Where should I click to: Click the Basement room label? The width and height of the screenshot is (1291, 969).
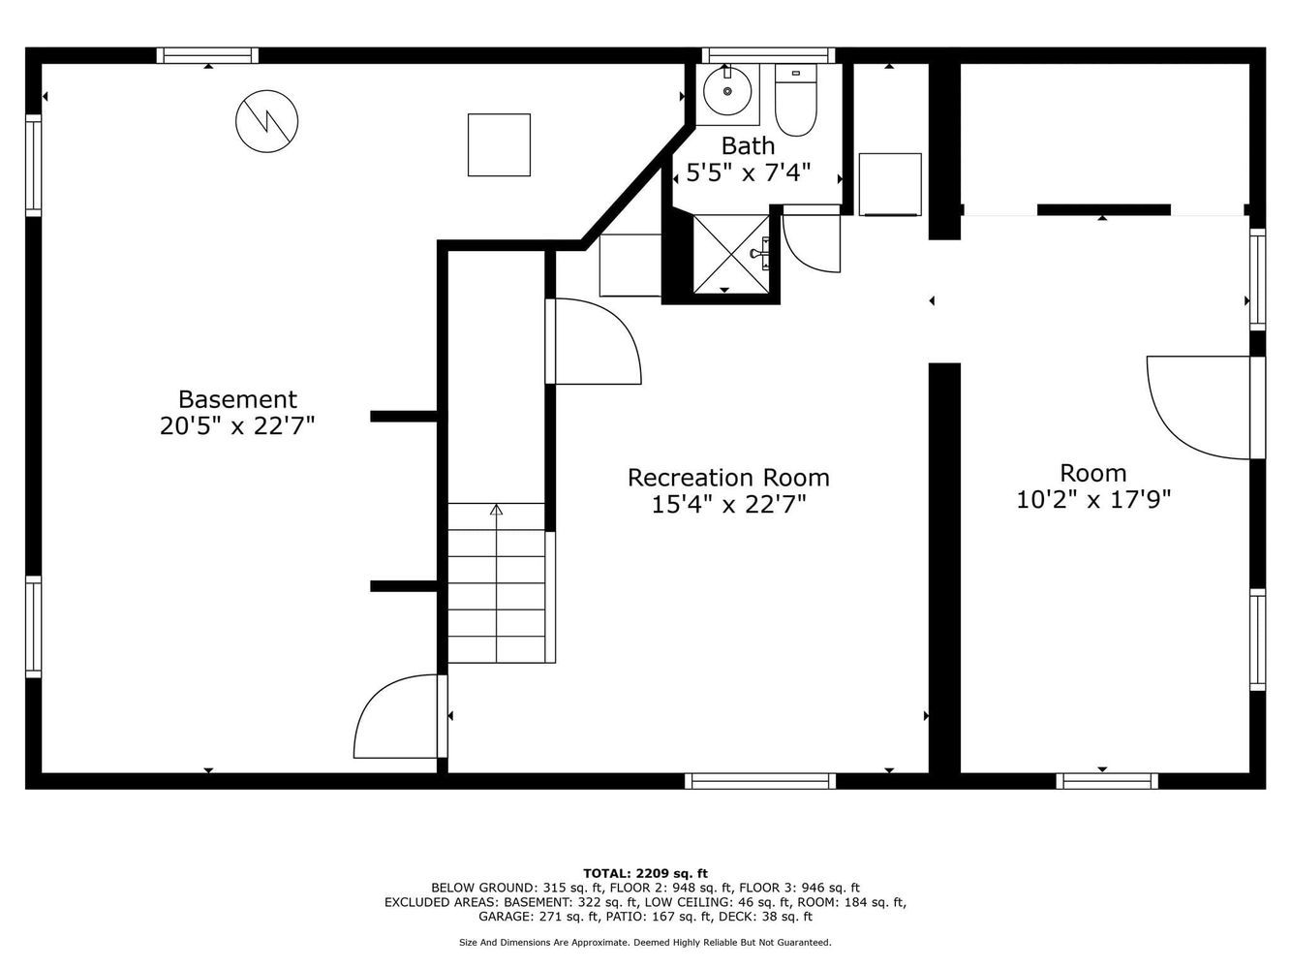237,399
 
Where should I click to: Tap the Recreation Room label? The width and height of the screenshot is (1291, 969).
728,477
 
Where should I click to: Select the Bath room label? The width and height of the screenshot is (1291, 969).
748,145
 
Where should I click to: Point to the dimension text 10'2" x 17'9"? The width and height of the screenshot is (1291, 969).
1093,500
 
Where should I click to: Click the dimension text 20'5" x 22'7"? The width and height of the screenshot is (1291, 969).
237,425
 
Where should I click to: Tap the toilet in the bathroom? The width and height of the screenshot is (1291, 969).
796,100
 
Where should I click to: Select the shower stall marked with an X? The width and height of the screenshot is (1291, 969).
731,254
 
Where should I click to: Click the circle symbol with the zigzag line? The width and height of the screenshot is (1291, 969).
266,121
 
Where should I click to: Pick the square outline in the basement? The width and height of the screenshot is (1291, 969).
499,144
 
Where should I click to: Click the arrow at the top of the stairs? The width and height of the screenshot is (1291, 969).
497,510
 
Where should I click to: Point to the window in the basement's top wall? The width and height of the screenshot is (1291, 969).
207,55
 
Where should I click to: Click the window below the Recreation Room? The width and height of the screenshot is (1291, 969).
760,781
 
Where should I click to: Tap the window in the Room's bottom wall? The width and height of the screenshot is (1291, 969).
1107,781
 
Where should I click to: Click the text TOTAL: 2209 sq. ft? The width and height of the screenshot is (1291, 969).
645,874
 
